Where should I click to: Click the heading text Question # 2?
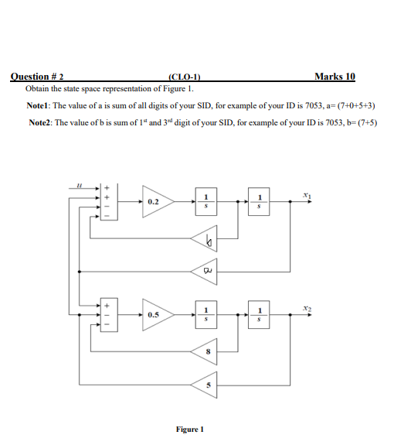pyautogui.click(x=36, y=77)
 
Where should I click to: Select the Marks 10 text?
pyautogui.click(x=335, y=76)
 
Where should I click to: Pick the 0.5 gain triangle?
pyautogui.click(x=157, y=315)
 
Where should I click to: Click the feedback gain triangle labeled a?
pyautogui.click(x=206, y=272)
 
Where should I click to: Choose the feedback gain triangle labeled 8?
pyautogui.click(x=206, y=353)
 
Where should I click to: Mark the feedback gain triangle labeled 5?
pyautogui.click(x=206, y=385)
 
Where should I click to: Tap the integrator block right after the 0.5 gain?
pyautogui.click(x=206, y=315)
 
